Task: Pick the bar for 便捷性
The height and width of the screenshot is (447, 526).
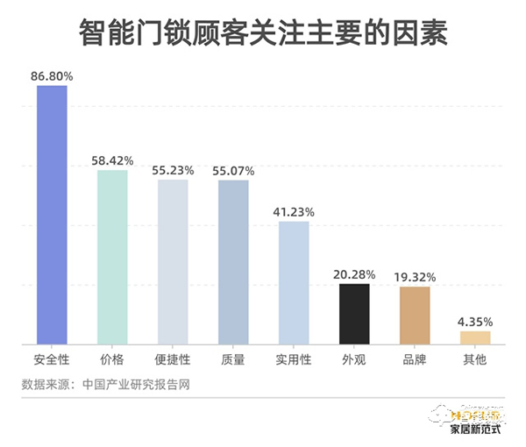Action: tap(173, 260)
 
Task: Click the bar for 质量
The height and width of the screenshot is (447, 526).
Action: tap(233, 260)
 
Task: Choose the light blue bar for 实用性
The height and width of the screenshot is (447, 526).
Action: tap(294, 281)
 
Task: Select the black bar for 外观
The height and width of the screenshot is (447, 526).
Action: tap(354, 313)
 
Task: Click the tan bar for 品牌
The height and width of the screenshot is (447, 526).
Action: tap(415, 314)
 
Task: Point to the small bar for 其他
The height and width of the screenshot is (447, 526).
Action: tap(475, 337)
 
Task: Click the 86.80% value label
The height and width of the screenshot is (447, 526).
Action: tap(52, 77)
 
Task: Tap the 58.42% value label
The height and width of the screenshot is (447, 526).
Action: tap(112, 160)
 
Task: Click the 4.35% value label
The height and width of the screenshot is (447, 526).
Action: tap(475, 321)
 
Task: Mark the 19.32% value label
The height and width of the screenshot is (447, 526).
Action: tap(415, 277)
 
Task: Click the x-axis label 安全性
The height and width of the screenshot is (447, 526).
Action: tap(52, 359)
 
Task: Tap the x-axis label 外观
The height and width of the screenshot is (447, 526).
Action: tap(354, 359)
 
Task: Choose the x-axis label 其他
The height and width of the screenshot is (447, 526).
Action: tap(475, 359)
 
